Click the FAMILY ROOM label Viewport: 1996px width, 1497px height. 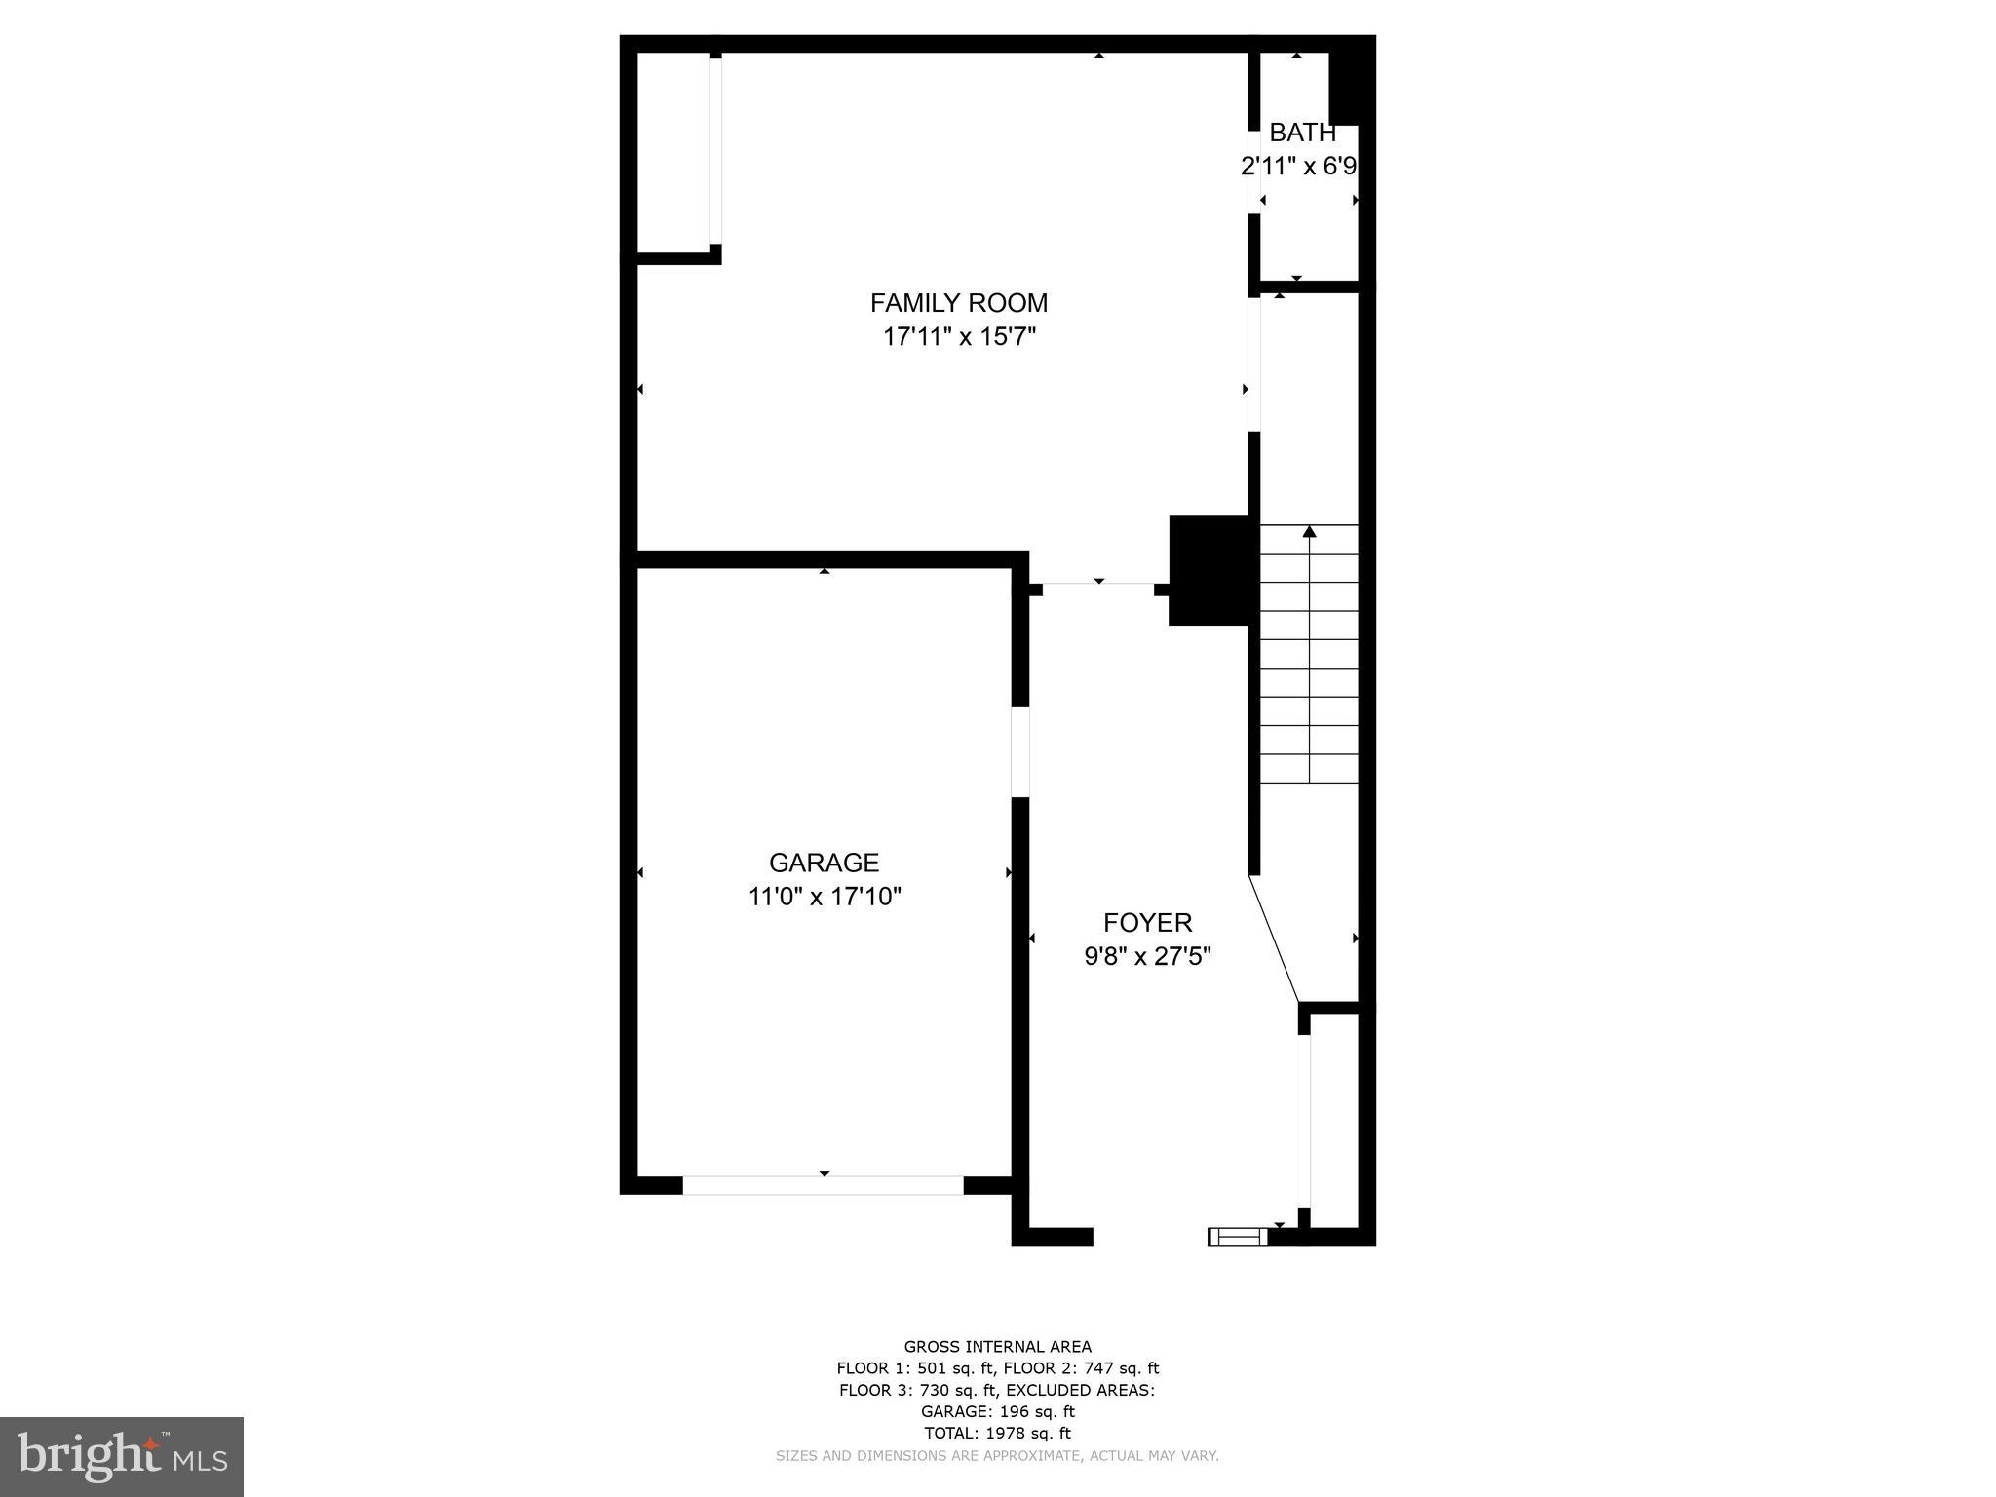[x=958, y=303]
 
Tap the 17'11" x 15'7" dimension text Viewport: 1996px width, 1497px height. [x=958, y=337]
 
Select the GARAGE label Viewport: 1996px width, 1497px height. [x=824, y=863]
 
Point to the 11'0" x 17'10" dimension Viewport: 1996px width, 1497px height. [x=824, y=897]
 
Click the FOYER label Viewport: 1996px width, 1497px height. [x=1147, y=923]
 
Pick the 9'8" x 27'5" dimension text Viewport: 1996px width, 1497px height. [x=1147, y=956]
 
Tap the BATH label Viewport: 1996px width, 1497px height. [x=1301, y=133]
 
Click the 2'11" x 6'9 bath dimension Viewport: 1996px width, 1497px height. [x=1298, y=167]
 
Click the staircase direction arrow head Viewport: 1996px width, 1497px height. [x=1309, y=532]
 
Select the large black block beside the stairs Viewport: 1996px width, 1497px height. [x=1209, y=570]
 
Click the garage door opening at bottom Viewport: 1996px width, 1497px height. [x=823, y=1185]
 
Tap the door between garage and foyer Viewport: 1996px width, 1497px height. [x=1020, y=751]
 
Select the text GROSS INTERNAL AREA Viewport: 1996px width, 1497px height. [x=997, y=1347]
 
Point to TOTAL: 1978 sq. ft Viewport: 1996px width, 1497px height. [x=997, y=1433]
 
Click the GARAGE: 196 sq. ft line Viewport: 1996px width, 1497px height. [x=997, y=1411]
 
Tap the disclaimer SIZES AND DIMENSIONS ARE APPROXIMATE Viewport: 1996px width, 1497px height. [x=997, y=1456]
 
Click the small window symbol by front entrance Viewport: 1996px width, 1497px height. [x=1238, y=1237]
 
